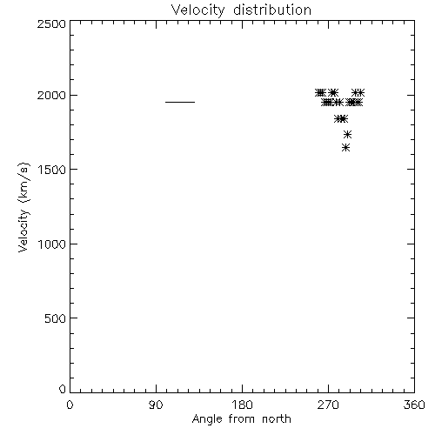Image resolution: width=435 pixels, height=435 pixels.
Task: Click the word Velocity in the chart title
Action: (x=197, y=10)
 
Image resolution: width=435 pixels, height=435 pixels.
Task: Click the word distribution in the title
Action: (x=272, y=10)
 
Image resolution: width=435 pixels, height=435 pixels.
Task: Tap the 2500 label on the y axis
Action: (x=51, y=23)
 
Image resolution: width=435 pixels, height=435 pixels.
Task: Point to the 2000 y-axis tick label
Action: (x=51, y=95)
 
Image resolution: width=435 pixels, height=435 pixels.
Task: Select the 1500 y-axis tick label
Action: (x=52, y=170)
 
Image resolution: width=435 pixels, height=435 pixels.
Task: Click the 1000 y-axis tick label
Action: (x=52, y=244)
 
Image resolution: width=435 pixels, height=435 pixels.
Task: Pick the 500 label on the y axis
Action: (x=56, y=318)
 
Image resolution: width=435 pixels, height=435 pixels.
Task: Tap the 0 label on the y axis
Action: (x=63, y=389)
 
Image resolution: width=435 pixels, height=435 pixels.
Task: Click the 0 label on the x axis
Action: (x=70, y=405)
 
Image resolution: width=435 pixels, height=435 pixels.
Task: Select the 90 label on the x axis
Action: (x=156, y=405)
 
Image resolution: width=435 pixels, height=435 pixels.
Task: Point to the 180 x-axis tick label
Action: (x=242, y=405)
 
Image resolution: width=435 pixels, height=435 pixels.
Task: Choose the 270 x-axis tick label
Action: (x=328, y=405)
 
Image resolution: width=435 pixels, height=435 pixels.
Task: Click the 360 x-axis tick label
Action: (x=414, y=405)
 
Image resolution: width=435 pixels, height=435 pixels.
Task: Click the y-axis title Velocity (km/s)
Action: (x=23, y=207)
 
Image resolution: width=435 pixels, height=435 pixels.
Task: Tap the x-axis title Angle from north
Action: (x=242, y=419)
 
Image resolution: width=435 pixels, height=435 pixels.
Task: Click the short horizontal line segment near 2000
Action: (x=180, y=102)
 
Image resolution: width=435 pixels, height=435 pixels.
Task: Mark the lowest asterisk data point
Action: (x=345, y=148)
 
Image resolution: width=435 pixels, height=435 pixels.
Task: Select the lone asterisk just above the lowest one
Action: (x=347, y=134)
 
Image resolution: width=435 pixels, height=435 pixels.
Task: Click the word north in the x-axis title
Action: (x=277, y=418)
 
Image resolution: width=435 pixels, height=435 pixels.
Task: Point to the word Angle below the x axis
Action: (x=207, y=419)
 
